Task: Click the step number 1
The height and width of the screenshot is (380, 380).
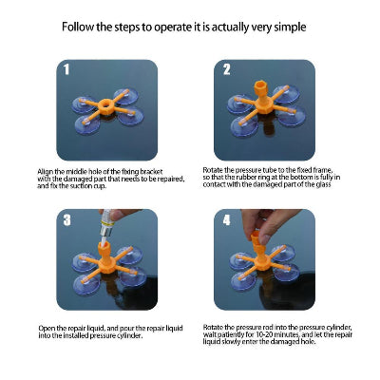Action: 66,69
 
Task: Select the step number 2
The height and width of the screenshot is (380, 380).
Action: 227,69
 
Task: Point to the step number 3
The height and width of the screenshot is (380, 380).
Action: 66,219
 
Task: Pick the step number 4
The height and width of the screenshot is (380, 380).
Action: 227,219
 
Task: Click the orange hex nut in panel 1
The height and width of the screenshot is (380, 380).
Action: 105,106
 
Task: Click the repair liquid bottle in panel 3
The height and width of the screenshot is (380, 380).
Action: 106,225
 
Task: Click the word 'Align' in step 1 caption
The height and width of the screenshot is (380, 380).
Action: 46,172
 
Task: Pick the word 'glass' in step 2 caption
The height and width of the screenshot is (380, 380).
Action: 323,184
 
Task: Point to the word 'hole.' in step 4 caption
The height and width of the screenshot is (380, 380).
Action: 307,342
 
